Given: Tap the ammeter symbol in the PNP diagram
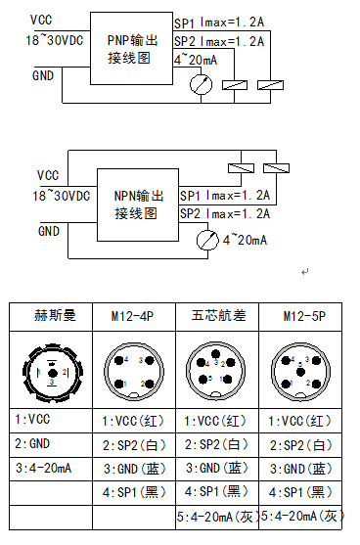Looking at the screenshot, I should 202,86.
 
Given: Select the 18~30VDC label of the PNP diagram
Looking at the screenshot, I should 56,40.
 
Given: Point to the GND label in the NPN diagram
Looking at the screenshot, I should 48,231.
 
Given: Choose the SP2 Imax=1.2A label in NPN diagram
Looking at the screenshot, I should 224,213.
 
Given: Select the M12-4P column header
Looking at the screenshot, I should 134,316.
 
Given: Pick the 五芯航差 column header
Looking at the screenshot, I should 217,316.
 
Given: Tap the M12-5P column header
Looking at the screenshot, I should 302,316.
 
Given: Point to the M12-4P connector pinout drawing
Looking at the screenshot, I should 134,371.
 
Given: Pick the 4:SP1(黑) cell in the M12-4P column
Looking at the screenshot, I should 134,491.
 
